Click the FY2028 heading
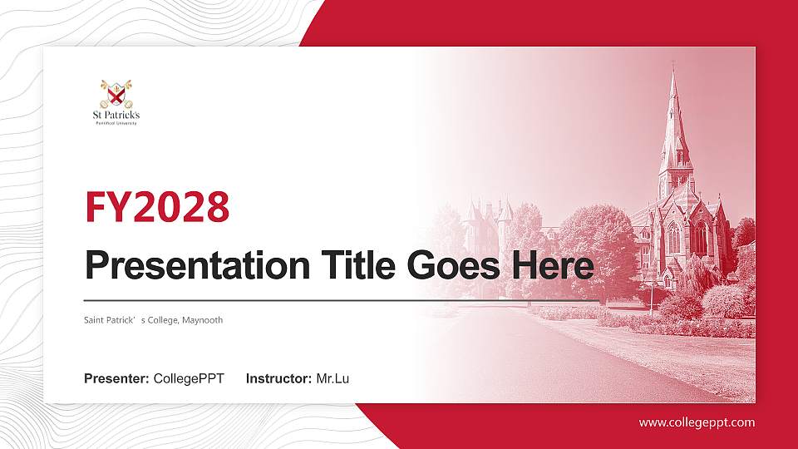(x=157, y=207)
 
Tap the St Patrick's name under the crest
(x=116, y=115)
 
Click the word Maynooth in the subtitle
(x=203, y=320)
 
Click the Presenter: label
(x=116, y=379)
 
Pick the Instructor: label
(x=279, y=379)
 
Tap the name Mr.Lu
(x=332, y=379)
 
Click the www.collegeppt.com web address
(x=697, y=422)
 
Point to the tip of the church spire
(x=672, y=70)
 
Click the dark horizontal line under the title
(x=341, y=300)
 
